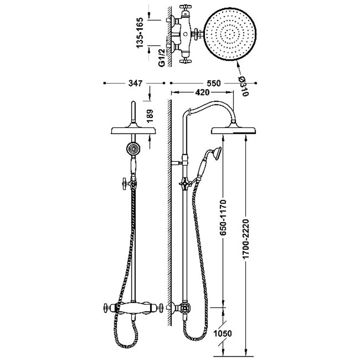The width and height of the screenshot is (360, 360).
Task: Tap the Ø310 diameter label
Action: click(x=244, y=86)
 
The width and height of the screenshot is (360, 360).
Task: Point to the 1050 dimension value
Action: click(x=224, y=333)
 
